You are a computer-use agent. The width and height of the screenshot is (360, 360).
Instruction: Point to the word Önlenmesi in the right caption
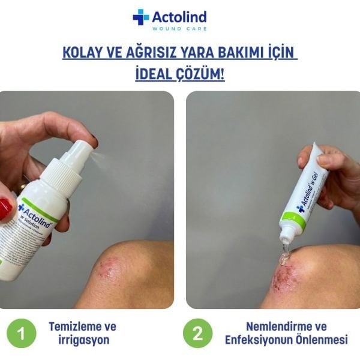(x=322, y=340)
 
